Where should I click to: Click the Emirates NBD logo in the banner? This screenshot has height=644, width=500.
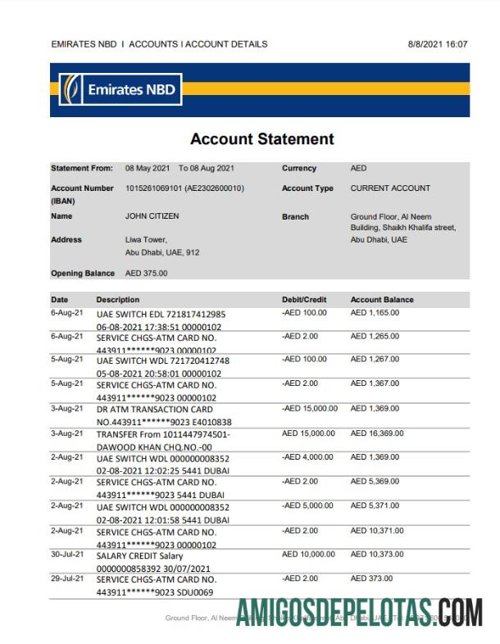pos(120,88)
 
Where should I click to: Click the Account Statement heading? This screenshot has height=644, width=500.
pos(261,139)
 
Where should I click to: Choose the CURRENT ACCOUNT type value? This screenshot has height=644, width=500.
pos(390,188)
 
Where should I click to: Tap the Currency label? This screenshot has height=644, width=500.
pos(299,169)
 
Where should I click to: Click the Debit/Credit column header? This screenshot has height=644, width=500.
pos(304,300)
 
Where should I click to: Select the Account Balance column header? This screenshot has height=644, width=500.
pos(382,300)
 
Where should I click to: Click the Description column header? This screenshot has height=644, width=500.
pos(118,300)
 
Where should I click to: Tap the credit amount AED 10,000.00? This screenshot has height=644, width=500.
pos(308,554)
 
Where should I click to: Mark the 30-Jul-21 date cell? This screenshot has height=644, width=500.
pos(67,554)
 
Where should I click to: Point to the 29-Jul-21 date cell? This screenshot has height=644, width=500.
pos(67,578)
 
